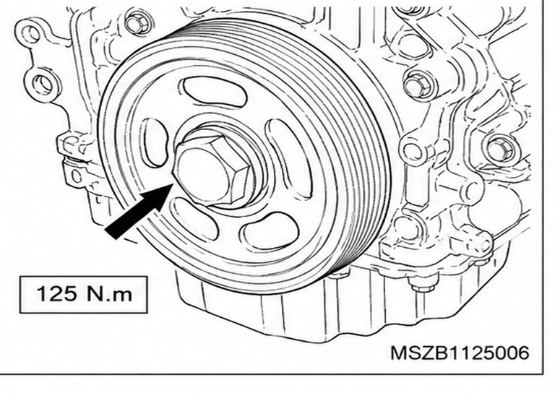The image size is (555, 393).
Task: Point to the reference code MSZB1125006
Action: tap(460, 353)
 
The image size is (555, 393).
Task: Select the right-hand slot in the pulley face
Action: tap(288, 159)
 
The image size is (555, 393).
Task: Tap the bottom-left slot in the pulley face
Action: tap(193, 219)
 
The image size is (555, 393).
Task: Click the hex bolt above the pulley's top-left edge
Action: tap(137, 23)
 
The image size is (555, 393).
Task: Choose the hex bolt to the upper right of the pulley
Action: tap(418, 85)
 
